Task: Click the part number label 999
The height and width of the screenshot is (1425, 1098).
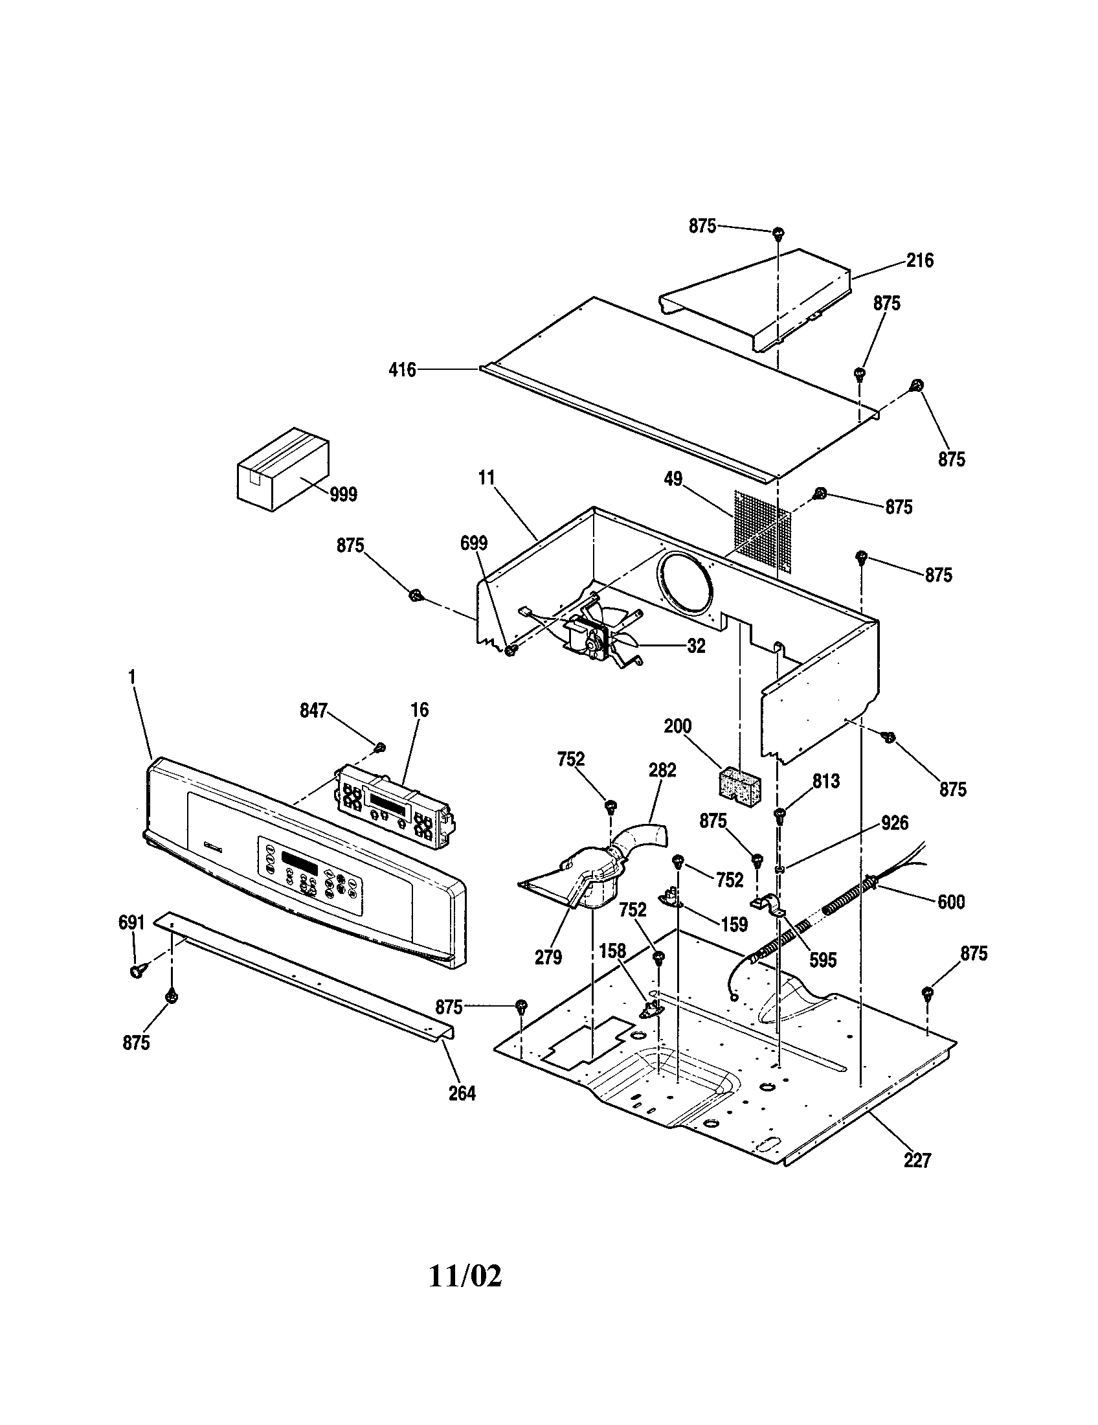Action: pyautogui.click(x=343, y=496)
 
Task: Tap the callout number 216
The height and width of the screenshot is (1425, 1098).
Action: pyautogui.click(x=919, y=261)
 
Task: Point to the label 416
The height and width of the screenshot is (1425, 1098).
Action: pyautogui.click(x=402, y=370)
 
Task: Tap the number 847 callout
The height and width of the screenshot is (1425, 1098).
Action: pyautogui.click(x=313, y=711)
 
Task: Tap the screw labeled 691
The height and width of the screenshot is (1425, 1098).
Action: pyautogui.click(x=136, y=972)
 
